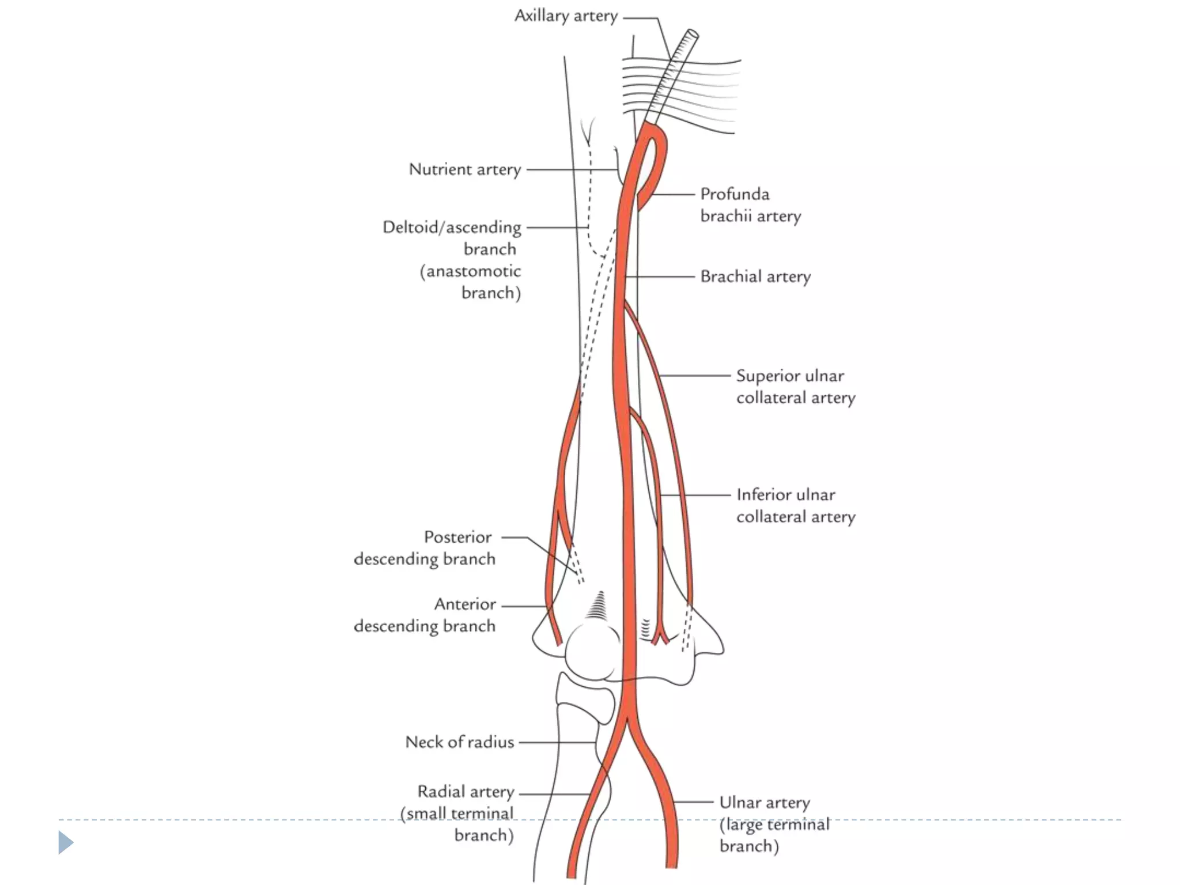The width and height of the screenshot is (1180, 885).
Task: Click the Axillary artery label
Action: click(x=566, y=16)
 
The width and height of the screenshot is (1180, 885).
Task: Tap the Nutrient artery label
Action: click(x=464, y=169)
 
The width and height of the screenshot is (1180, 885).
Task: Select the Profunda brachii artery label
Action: click(x=750, y=205)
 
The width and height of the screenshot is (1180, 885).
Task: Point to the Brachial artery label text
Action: click(x=755, y=277)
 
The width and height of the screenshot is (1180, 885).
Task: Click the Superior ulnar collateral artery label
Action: click(x=795, y=387)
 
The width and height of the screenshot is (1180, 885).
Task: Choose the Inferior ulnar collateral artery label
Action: click(x=795, y=505)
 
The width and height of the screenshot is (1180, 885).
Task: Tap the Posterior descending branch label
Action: click(x=425, y=548)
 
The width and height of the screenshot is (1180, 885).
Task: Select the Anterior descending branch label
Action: click(x=425, y=615)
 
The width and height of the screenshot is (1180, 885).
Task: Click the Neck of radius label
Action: click(x=459, y=742)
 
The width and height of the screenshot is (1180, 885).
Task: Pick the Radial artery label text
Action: click(x=466, y=792)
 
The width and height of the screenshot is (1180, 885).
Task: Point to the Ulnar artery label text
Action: click(x=764, y=803)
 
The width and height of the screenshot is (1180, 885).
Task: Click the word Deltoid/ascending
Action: click(x=452, y=228)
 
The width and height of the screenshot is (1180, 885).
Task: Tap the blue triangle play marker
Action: click(x=66, y=842)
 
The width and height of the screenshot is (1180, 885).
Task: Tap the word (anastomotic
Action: click(x=470, y=271)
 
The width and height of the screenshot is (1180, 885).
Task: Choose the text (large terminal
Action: click(x=774, y=825)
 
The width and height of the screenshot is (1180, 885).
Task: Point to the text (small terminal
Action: click(x=456, y=814)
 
